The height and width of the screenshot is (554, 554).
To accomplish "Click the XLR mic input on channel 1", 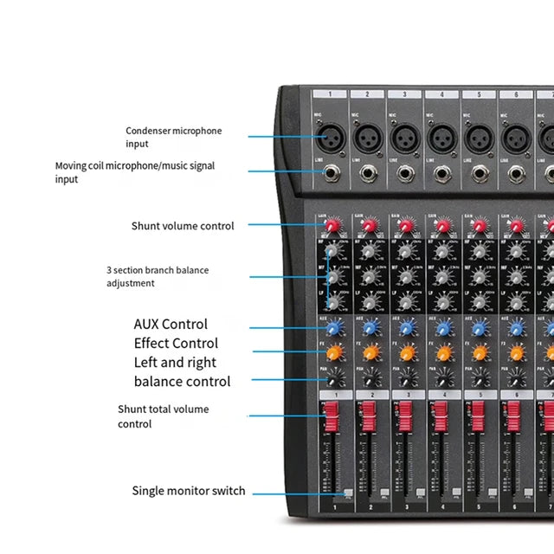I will [330, 136].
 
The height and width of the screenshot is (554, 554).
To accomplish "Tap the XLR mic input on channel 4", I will [440, 137].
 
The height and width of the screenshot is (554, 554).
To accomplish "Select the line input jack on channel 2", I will [368, 173].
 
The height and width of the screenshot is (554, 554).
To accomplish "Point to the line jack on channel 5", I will [476, 173].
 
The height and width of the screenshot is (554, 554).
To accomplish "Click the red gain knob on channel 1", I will [331, 227].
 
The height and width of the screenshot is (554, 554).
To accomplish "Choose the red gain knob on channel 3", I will [404, 227].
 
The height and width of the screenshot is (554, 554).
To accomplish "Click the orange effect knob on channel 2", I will [368, 352].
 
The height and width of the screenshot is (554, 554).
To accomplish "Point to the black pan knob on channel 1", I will [331, 377].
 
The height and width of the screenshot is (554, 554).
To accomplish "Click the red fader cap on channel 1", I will [330, 421].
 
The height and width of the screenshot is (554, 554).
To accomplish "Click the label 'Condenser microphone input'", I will [173, 137].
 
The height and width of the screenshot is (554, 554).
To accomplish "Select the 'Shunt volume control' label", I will [183, 226].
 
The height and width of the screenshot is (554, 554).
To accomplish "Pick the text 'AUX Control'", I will [171, 325].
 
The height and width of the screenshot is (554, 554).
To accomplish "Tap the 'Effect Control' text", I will [176, 344].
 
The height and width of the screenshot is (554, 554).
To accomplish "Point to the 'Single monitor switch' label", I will [189, 491].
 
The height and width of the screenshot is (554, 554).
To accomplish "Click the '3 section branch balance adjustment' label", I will [158, 276].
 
